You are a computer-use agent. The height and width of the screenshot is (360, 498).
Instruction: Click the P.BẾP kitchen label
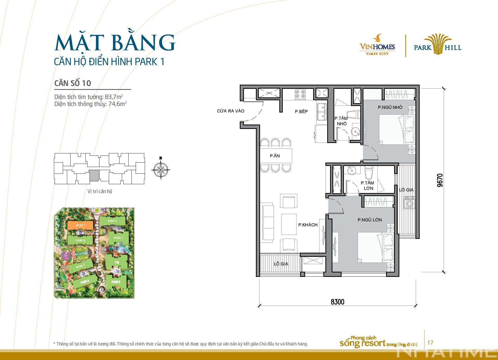point(301,111)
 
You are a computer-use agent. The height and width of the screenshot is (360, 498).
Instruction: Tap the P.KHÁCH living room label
point(308,225)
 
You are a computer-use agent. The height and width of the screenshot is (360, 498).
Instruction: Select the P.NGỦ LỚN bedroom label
point(369,220)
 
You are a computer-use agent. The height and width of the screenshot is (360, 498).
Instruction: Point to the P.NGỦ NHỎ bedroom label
point(390,107)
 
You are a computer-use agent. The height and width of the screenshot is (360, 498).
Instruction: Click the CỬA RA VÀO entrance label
point(231,111)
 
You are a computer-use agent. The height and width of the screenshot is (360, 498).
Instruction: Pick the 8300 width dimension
point(337,302)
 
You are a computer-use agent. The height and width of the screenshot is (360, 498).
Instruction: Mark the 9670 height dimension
point(440,180)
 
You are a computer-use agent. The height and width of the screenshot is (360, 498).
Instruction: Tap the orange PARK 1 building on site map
point(80,225)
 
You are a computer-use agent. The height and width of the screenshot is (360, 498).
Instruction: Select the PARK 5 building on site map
point(116,282)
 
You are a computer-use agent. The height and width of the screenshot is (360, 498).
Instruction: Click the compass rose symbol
point(161,170)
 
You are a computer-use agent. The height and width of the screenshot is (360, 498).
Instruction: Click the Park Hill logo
point(438,45)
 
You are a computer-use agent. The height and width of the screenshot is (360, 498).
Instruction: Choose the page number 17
point(430,343)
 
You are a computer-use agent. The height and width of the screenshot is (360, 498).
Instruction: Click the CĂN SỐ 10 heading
point(73,83)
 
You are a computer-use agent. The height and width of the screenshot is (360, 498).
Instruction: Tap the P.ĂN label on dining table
point(275,156)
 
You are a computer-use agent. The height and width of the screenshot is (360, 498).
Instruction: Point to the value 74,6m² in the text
point(116,104)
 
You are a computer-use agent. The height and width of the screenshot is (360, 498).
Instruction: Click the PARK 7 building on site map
point(80,266)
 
